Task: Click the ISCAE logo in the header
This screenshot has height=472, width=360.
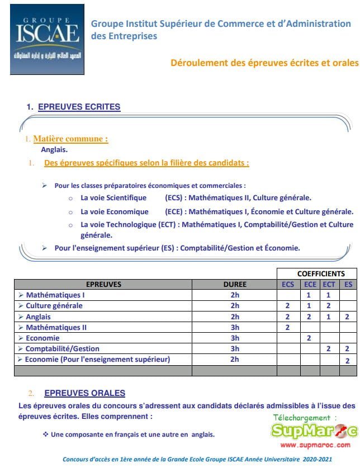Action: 48,39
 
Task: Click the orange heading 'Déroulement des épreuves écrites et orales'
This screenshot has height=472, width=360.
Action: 264,63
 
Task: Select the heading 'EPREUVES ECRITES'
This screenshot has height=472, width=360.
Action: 79,107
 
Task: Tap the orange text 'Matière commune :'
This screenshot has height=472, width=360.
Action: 70,139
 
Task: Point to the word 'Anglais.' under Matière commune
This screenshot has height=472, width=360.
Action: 54,149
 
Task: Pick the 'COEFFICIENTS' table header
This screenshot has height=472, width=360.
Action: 320,274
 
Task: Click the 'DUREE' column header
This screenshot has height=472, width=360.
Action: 234,284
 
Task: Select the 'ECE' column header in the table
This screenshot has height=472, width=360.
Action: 310,284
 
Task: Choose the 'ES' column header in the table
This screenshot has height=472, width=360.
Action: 348,284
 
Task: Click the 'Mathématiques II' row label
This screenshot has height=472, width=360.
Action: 56,327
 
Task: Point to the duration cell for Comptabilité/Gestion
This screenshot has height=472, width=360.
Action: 234,348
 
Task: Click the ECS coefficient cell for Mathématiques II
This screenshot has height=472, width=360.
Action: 288,327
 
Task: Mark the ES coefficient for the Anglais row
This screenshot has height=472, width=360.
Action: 348,317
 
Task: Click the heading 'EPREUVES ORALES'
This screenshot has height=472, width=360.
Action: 84,393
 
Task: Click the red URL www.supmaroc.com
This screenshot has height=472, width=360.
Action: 315,445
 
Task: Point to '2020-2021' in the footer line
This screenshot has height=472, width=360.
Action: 318,459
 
